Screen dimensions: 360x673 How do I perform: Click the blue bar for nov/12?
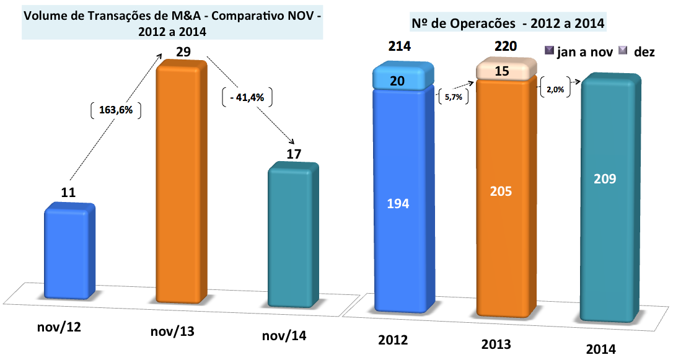coord(69,254)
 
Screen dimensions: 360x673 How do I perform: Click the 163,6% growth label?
coord(116,111)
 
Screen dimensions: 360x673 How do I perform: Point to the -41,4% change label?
coord(247,98)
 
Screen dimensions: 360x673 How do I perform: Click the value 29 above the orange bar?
coord(183,52)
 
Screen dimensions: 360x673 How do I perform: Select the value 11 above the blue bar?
coord(69,193)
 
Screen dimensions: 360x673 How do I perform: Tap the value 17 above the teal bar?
coord(294,154)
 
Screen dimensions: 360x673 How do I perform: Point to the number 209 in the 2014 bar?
coord(605,179)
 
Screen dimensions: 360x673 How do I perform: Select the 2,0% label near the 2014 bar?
coord(555,89)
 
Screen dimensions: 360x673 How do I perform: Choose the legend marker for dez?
coord(623,51)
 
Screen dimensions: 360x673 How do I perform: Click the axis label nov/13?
coord(173,331)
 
